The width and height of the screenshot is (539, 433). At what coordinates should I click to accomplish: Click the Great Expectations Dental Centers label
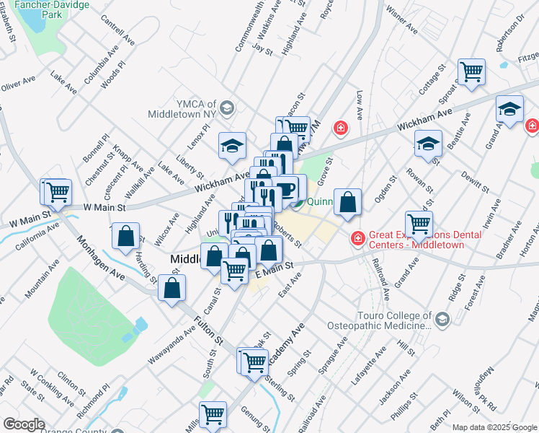pos(416,240)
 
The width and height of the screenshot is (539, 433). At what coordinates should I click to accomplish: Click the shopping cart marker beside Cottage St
pos(471,71)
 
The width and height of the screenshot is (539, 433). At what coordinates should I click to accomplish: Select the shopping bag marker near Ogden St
pos(347,203)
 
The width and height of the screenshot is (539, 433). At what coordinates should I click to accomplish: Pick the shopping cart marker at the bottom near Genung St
pos(213,414)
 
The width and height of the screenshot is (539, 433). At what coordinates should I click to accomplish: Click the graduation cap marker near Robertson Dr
pos(509,109)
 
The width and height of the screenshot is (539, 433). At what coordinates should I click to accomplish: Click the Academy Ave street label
pos(288,346)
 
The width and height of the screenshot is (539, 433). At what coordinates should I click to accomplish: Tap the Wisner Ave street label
pos(402,21)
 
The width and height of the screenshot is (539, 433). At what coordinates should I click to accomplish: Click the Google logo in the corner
pos(24,424)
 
